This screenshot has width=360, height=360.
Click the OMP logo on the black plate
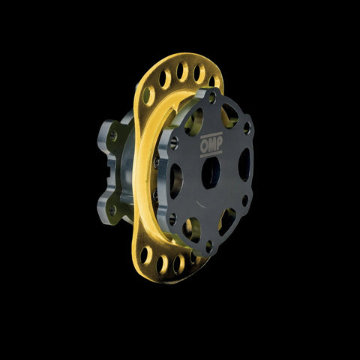[211, 145]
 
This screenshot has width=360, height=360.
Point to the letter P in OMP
[219, 143]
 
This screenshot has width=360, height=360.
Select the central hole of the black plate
[211, 172]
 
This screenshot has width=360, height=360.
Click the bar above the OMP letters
[211, 135]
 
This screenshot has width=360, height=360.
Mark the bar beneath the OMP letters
[211, 154]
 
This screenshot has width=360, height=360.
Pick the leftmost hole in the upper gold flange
[148, 96]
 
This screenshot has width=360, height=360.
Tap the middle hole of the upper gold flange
[182, 72]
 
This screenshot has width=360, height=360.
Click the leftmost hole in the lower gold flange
[146, 255]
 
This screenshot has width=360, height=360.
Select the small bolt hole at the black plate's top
[212, 97]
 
